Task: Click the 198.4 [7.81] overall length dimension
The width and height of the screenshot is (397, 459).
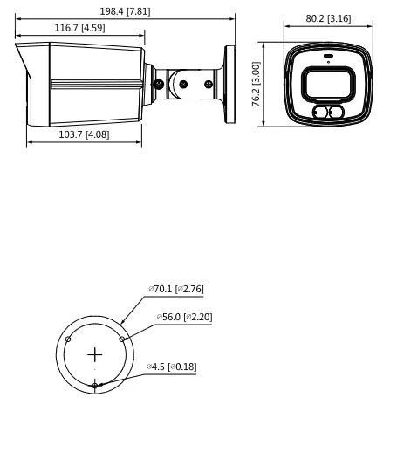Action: [126, 11]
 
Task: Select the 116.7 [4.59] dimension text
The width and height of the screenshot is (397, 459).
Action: [79, 28]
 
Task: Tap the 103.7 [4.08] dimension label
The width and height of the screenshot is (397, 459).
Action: [84, 134]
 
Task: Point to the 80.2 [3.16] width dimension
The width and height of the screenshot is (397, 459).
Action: [328, 17]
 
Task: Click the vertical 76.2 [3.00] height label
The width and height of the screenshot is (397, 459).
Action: [256, 84]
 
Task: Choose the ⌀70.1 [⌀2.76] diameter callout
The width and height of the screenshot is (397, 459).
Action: [175, 289]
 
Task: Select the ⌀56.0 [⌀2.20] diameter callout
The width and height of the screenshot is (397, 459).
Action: [184, 317]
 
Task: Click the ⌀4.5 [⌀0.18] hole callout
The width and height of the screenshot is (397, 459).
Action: [171, 367]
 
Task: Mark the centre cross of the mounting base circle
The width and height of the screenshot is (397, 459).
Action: [95, 355]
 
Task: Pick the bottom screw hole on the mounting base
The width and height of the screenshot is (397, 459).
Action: [95, 386]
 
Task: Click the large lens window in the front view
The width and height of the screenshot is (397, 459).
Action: [327, 86]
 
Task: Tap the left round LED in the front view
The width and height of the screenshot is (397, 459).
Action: [320, 113]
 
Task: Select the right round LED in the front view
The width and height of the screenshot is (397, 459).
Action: [335, 113]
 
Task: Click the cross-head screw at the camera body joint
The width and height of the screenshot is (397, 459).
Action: [158, 85]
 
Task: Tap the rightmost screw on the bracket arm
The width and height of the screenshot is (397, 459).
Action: [208, 85]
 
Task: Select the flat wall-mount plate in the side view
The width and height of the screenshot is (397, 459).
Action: [229, 85]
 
